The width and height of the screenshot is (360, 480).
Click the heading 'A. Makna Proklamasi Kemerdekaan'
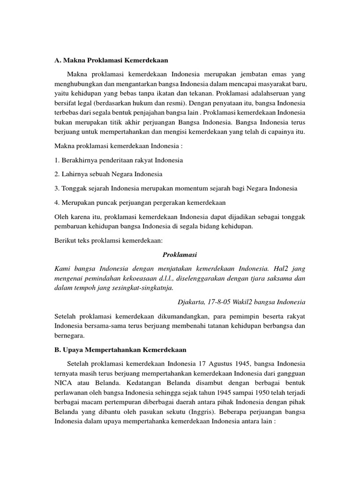pyautogui.click(x=111, y=60)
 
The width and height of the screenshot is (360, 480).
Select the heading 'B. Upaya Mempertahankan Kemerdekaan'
pyautogui.click(x=120, y=350)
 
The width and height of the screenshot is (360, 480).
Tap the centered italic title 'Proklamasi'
pyautogui.click(x=180, y=255)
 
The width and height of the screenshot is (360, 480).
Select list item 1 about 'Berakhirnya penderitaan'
pyautogui.click(x=119, y=160)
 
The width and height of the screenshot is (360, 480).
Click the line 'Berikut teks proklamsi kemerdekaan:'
pyautogui.click(x=108, y=240)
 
